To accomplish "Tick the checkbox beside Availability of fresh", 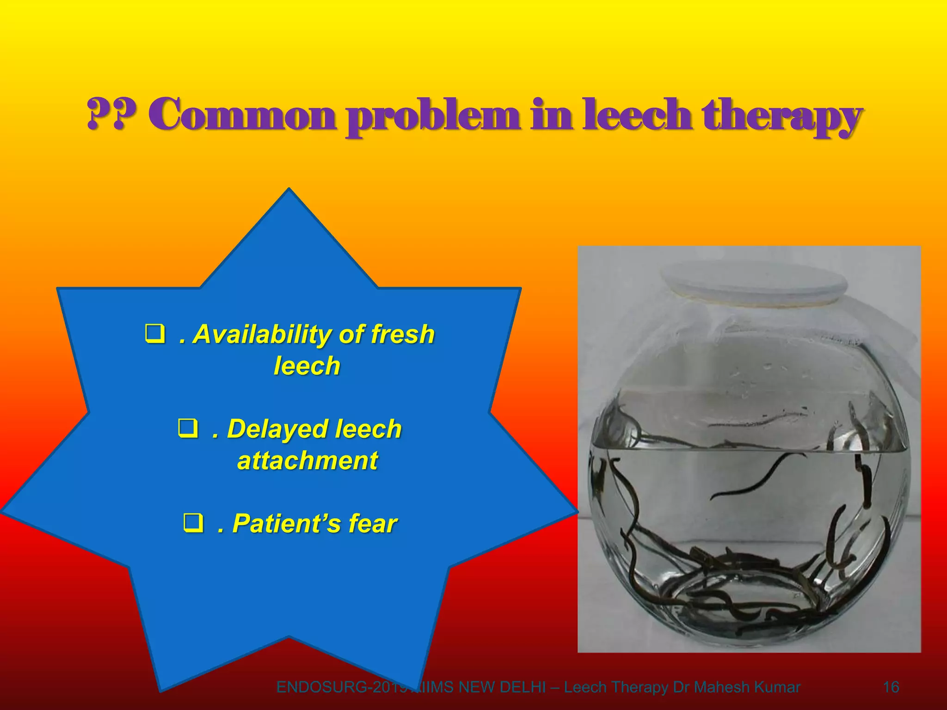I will click(x=154, y=334).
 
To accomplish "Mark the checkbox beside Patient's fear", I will click(x=193, y=523).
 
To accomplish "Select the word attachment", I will click(x=307, y=460).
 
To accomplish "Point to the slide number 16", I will click(x=891, y=687).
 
